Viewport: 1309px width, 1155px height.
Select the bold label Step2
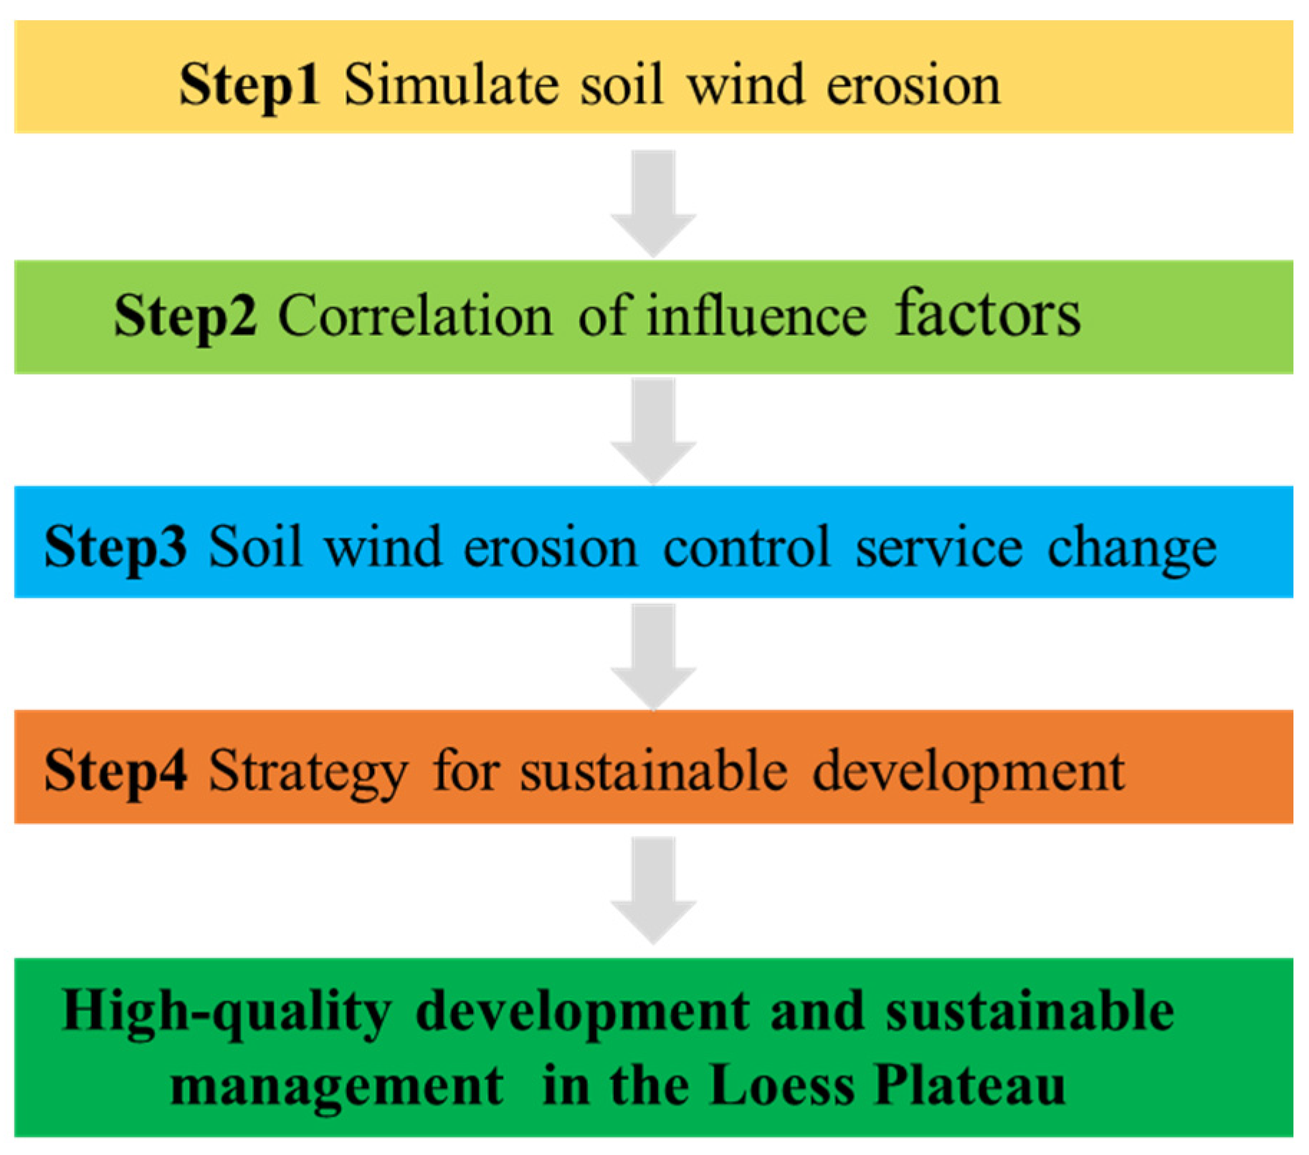pos(185,315)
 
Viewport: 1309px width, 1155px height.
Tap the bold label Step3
pos(115,547)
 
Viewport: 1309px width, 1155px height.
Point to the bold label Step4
pos(115,772)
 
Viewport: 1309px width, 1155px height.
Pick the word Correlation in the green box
pos(415,315)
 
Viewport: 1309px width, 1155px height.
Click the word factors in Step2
pos(987,315)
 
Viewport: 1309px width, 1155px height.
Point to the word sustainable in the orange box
pos(653,772)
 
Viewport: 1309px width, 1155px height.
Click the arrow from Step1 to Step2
pos(654,202)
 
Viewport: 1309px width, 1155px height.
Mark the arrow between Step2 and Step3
pos(654,430)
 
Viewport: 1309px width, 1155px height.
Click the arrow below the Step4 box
pos(654,889)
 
